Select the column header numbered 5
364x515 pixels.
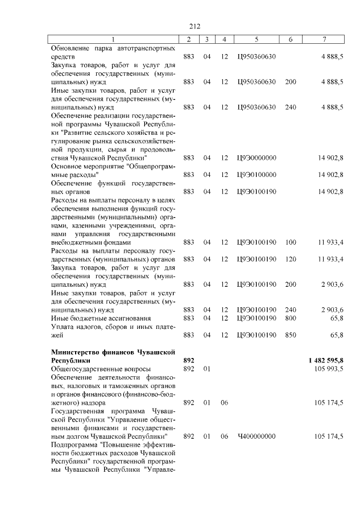click(257, 39)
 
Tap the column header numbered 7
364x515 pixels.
click(324, 39)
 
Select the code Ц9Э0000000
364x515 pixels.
click(257, 156)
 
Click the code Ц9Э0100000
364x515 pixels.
click(257, 174)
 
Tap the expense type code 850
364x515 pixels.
click(290, 335)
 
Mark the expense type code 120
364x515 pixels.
click(290, 259)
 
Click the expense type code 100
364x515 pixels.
click(290, 242)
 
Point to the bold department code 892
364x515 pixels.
click(189, 361)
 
